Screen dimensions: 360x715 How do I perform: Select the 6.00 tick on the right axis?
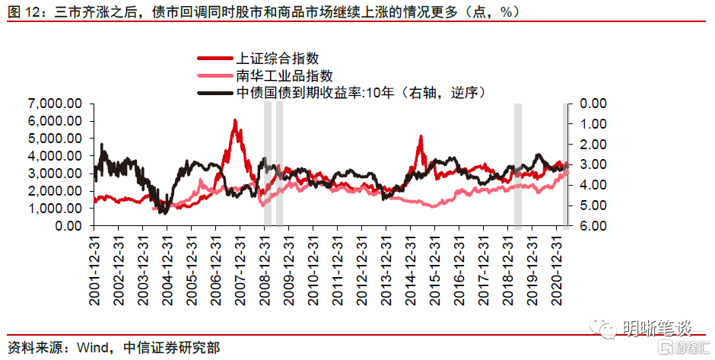click(593, 226)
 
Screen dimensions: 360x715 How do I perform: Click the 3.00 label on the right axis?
click(593, 164)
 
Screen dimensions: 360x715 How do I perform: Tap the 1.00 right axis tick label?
click(593, 123)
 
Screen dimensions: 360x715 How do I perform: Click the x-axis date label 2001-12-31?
click(94, 270)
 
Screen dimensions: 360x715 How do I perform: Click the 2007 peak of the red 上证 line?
click(235, 120)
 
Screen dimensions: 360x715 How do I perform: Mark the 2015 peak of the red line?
click(421, 137)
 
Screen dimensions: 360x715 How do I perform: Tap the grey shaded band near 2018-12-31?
click(518, 165)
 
